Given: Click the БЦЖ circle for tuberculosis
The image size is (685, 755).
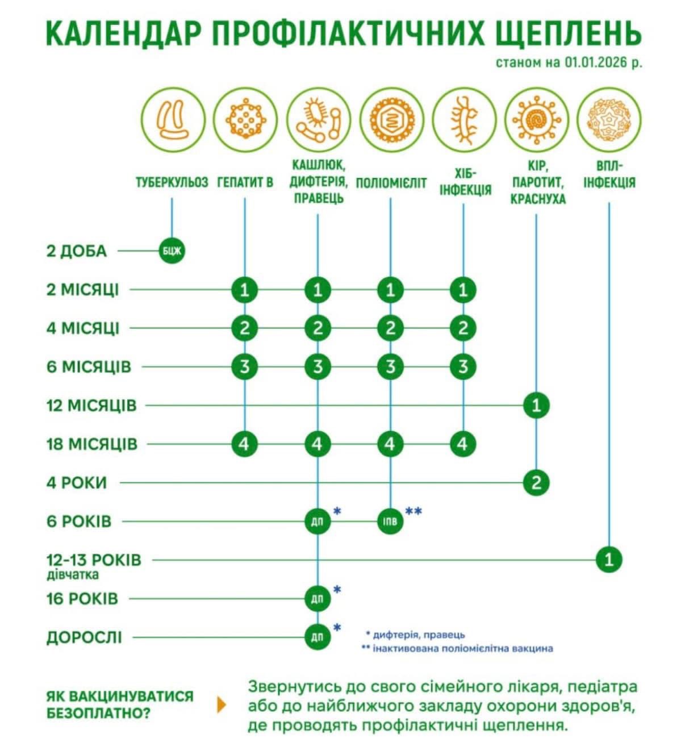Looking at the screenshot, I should click(172, 251).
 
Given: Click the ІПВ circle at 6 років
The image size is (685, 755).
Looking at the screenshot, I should click(390, 522).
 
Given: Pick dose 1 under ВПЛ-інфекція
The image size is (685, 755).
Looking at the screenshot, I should click(609, 560).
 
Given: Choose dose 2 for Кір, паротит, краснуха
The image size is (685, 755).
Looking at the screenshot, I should click(536, 483).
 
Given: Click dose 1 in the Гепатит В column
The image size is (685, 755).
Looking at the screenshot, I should click(245, 290).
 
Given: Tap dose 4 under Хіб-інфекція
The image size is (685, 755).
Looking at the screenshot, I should click(463, 444).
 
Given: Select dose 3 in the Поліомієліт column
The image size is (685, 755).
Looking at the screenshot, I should click(390, 366).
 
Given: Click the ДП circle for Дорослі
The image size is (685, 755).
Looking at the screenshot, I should click(318, 637).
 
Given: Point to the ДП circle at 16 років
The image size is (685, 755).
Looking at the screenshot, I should click(318, 598).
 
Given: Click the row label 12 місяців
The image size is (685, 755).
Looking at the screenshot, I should click(91, 406).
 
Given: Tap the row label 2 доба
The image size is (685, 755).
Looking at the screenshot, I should click(77, 251).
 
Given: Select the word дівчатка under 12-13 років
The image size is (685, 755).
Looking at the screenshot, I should click(73, 574).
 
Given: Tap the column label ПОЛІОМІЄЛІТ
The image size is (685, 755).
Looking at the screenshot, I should click(391, 183).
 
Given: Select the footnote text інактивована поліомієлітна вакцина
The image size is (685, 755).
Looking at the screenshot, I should click(462, 648).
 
